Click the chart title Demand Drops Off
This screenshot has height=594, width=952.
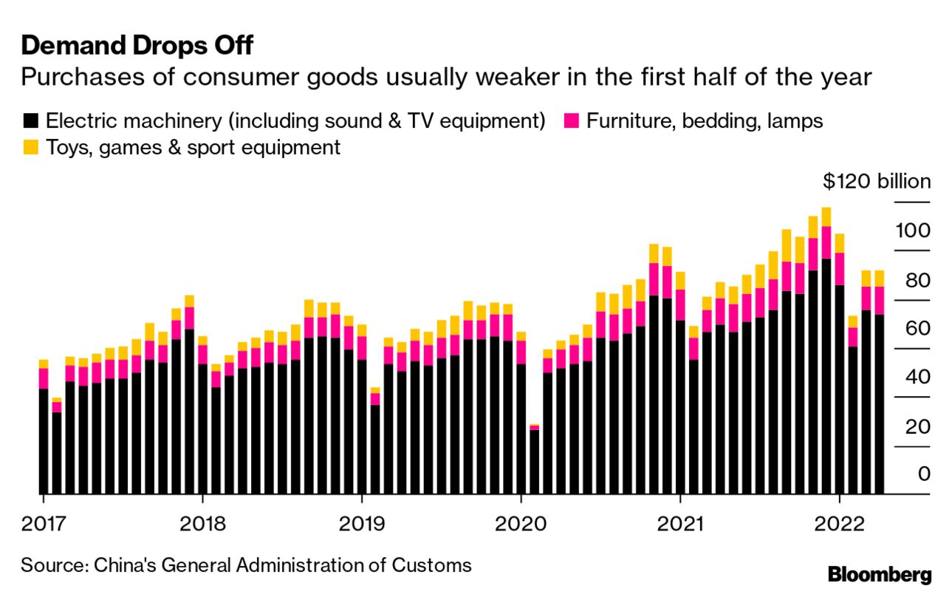[x=137, y=46]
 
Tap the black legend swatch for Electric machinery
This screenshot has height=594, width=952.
[x=31, y=120]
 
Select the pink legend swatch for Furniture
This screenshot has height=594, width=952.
[x=571, y=120]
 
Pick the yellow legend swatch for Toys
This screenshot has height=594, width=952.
[x=31, y=147]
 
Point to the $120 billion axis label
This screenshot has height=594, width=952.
[x=877, y=182]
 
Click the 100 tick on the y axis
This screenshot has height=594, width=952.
[x=913, y=231]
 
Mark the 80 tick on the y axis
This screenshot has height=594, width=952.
[x=915, y=280]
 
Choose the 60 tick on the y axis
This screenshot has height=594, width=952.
[x=915, y=329]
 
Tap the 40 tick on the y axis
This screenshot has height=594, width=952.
[x=915, y=378]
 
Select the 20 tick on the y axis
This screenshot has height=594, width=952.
[x=915, y=426]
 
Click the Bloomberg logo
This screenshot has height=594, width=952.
[x=880, y=575]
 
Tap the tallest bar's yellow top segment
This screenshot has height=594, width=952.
[x=826, y=216]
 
